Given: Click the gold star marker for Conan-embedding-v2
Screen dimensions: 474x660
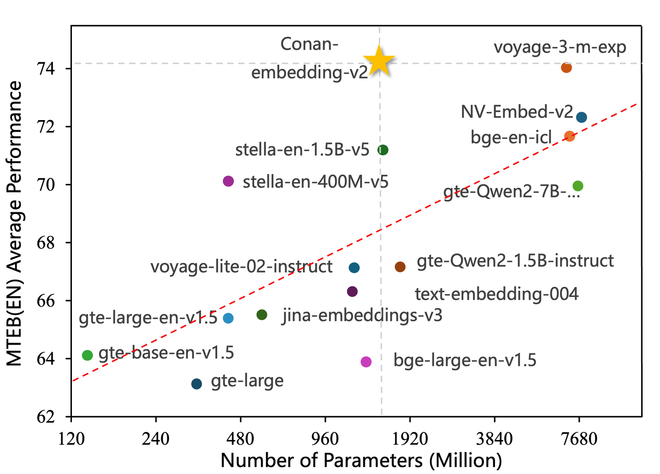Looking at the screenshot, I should (x=379, y=61).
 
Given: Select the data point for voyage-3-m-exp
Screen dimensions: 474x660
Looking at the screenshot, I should (x=566, y=68).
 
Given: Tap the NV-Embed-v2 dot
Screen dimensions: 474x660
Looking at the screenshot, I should (x=582, y=117).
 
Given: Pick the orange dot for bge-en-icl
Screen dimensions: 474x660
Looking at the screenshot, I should (x=570, y=136).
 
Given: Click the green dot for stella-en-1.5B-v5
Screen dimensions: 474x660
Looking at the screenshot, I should (x=383, y=150).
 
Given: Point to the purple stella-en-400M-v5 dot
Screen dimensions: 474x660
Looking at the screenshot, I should (x=228, y=181).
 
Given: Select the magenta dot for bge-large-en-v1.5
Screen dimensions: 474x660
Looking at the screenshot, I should (x=366, y=362).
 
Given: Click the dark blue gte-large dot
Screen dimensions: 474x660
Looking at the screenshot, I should (x=197, y=384).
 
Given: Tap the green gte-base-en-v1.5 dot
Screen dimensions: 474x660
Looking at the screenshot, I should (x=88, y=355).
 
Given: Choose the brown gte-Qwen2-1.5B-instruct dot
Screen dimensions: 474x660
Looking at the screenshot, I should (x=400, y=267).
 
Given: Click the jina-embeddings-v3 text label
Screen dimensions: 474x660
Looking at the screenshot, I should (x=362, y=315).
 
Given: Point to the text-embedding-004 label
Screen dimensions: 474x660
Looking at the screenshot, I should (x=496, y=294).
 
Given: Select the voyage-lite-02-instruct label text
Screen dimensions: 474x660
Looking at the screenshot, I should (x=242, y=266).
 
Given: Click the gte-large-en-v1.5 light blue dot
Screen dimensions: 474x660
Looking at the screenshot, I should (x=228, y=318).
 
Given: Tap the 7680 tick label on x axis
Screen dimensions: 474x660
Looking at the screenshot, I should (x=578, y=439).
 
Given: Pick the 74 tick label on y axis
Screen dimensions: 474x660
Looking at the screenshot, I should (x=45, y=69).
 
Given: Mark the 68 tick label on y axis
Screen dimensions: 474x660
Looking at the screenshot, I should (x=45, y=243).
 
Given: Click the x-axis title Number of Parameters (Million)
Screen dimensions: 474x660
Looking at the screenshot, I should (x=361, y=460).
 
